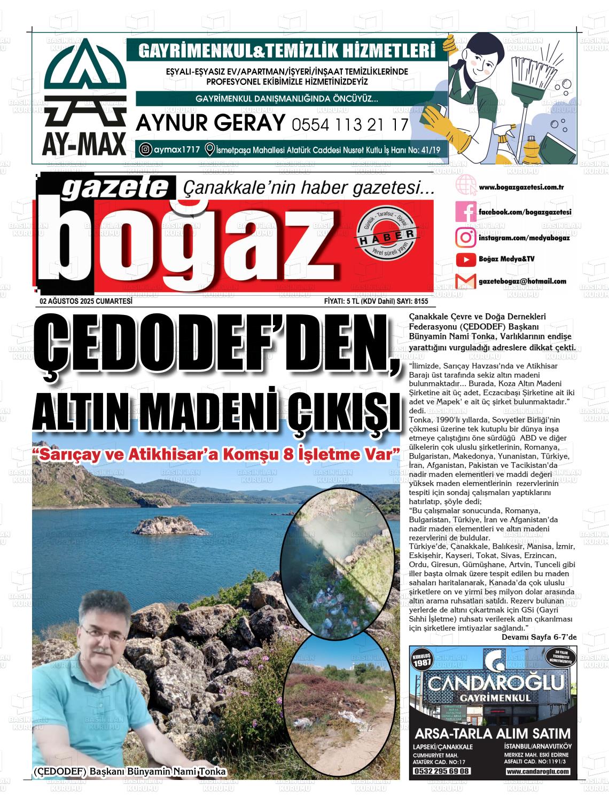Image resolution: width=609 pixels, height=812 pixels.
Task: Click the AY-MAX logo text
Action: click(x=84, y=143)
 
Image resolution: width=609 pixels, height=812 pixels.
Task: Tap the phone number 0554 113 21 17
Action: click(x=350, y=125)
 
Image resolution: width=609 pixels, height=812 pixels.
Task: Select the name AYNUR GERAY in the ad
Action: click(x=210, y=123)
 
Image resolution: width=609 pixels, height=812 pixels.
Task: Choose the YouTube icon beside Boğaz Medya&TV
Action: click(x=465, y=259)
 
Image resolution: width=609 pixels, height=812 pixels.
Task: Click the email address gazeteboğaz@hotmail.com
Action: click(x=522, y=281)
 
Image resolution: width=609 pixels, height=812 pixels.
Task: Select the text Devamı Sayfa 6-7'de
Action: click(x=539, y=637)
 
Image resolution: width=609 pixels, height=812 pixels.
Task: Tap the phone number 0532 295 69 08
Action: click(x=441, y=771)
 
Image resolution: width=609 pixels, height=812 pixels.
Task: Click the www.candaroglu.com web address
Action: click(x=537, y=771)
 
